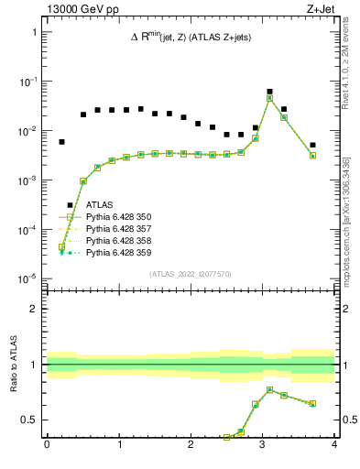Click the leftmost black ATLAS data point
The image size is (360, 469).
tap(61, 142)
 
